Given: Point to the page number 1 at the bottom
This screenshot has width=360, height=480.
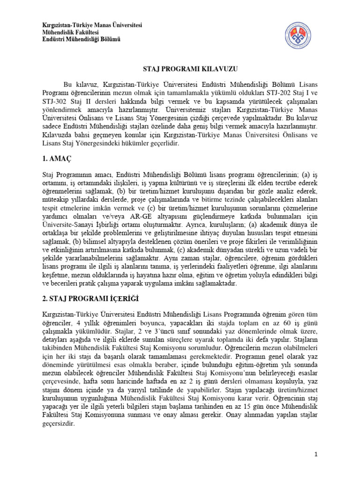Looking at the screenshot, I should tap(316, 455).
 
